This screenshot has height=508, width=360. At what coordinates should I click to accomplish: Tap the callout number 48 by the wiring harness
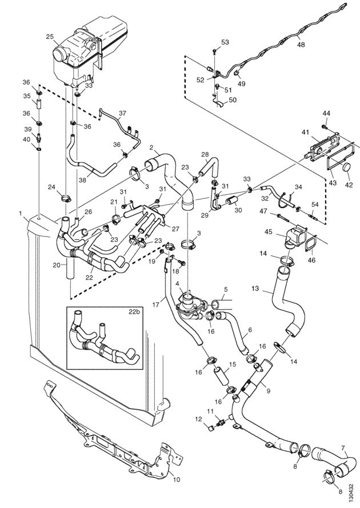coord(301,45)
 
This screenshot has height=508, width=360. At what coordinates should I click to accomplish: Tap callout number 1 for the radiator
coord(20,214)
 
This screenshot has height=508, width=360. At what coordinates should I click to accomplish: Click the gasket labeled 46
coord(310,245)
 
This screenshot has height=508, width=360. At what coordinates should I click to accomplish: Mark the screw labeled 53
coord(215,50)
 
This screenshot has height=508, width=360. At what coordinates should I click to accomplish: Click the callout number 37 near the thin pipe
coord(122,113)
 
